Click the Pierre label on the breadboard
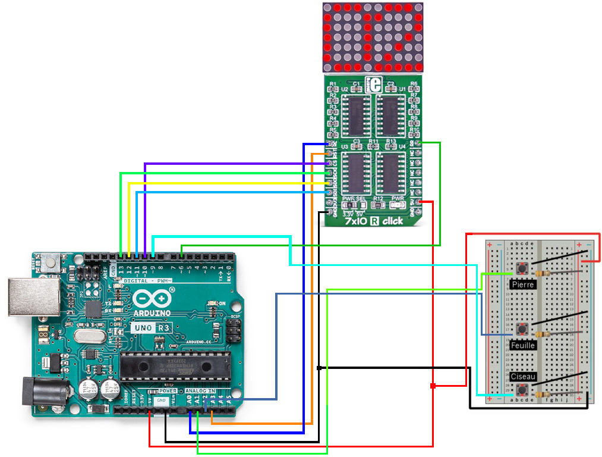[523, 285]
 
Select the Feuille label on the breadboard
[523, 345]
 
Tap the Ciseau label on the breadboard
[523, 377]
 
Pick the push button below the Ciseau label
[523, 390]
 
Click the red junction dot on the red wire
[433, 386]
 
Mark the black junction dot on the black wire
[320, 368]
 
